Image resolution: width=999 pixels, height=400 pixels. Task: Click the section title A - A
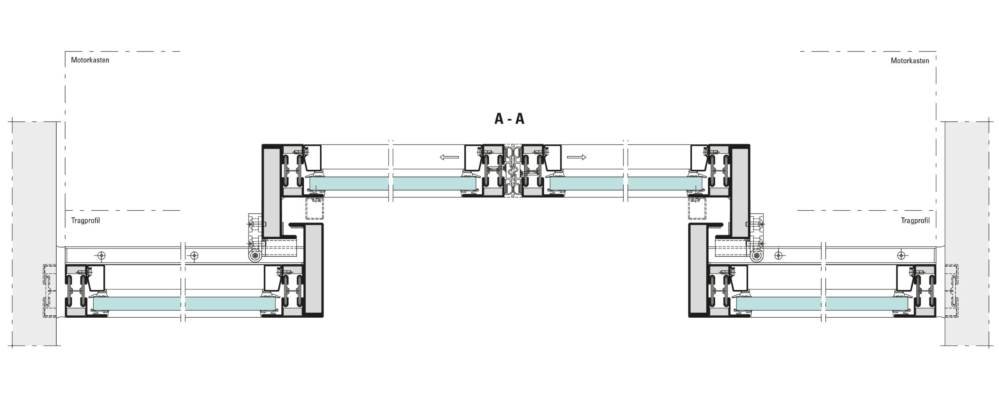pos(509,119)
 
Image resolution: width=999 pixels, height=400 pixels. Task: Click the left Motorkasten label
pos(90,60)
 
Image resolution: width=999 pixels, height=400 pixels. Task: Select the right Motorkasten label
pos(910,60)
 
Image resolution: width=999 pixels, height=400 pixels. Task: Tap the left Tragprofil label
pos(85,220)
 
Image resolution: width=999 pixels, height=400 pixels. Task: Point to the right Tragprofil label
pos(915,220)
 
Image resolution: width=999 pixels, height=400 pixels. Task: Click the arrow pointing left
pos(449,157)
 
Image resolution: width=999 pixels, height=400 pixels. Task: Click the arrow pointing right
pos(576,157)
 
